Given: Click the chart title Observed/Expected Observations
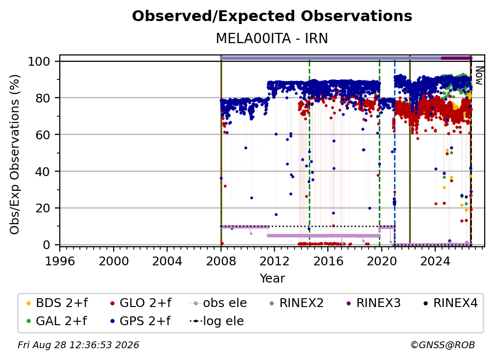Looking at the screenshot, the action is [272, 16].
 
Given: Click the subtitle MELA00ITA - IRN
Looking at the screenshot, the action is [272, 38].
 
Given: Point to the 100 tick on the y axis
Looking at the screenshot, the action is [39, 61].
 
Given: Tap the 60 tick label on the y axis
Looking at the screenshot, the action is [43, 134].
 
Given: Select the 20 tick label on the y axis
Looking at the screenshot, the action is [43, 208].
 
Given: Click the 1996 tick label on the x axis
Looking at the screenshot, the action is [60, 261].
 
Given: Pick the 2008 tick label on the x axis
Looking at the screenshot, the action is [221, 261].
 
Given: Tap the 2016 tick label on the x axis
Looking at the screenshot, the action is [328, 261].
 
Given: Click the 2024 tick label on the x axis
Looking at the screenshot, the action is [435, 261].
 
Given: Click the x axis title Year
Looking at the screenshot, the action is [272, 279].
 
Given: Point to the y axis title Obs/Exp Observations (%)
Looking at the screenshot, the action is [15, 154].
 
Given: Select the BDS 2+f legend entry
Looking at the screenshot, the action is [57, 303].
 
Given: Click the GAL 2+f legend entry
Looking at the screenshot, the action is [57, 321].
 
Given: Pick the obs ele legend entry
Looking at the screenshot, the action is [219, 303].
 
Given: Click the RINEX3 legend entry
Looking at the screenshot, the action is [373, 303].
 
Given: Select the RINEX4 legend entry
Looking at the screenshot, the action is [450, 303].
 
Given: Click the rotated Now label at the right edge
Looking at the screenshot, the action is [479, 76].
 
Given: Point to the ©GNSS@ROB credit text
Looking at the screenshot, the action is [443, 345].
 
